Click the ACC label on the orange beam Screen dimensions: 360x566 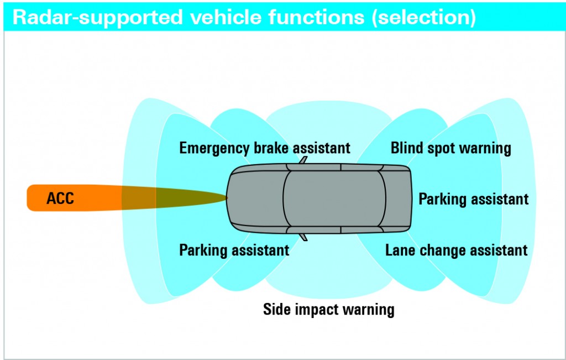[x=60, y=199]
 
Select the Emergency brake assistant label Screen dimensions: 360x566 [x=265, y=148]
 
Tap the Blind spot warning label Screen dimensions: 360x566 [x=450, y=148]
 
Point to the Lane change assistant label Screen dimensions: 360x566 [x=456, y=250]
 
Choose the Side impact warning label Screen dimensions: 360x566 [x=328, y=309]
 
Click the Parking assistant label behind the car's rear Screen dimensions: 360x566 [x=473, y=199]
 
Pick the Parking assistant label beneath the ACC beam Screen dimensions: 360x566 [x=234, y=250]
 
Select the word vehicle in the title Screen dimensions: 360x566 [x=226, y=17]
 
